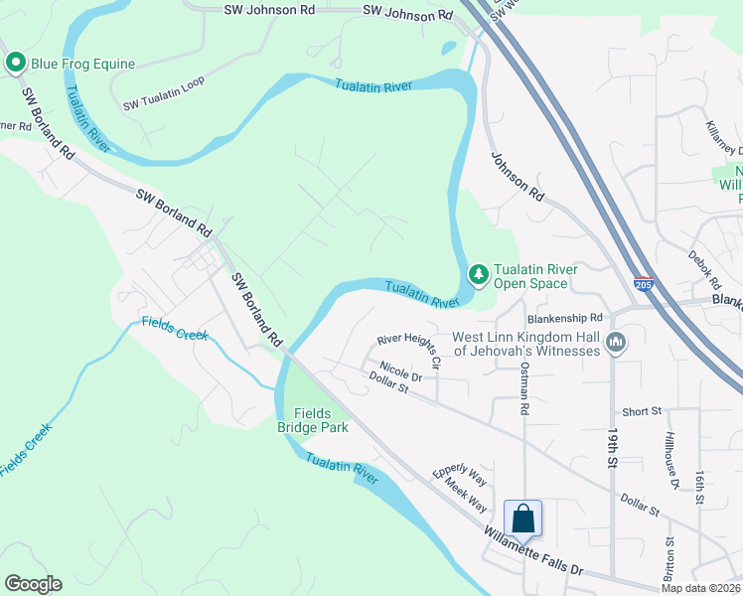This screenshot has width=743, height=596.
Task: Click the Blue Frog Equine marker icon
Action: click(x=16, y=64)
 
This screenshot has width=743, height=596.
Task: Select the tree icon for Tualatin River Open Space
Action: click(x=479, y=273)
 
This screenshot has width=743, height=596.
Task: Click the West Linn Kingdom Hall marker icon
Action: click(x=616, y=343)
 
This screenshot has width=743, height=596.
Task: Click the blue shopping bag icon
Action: click(x=522, y=519)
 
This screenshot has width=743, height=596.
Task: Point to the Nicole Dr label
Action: click(x=400, y=371)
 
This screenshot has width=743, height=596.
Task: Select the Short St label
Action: click(x=642, y=411)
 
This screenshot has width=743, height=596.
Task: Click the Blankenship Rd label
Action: click(x=558, y=318)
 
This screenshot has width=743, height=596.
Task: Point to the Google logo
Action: click(x=33, y=584)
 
